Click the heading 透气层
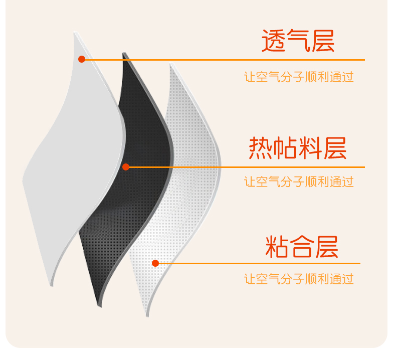(x=298, y=41)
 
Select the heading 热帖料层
(x=298, y=148)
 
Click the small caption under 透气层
(x=299, y=77)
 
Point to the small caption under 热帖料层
(x=299, y=182)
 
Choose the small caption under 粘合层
(x=299, y=279)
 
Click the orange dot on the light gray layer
(x=82, y=59)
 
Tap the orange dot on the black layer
(x=126, y=167)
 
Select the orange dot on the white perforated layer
(x=155, y=263)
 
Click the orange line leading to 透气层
(x=226, y=60)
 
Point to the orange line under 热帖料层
(x=246, y=167)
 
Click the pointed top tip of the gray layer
(x=76, y=33)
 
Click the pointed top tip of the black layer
(x=124, y=54)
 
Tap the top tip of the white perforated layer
(x=171, y=64)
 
